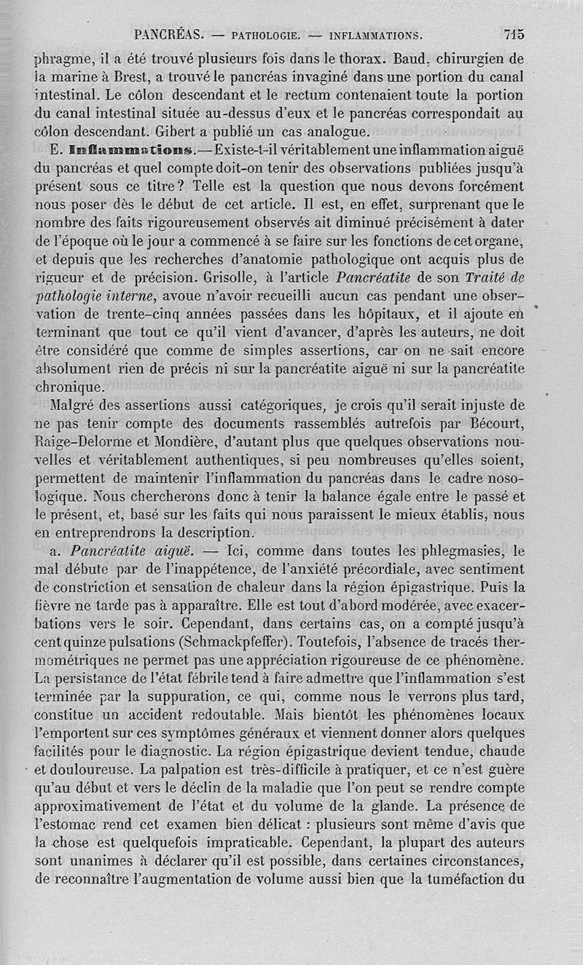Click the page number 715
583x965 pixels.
click(x=513, y=34)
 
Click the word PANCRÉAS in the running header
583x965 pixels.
click(x=168, y=34)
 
